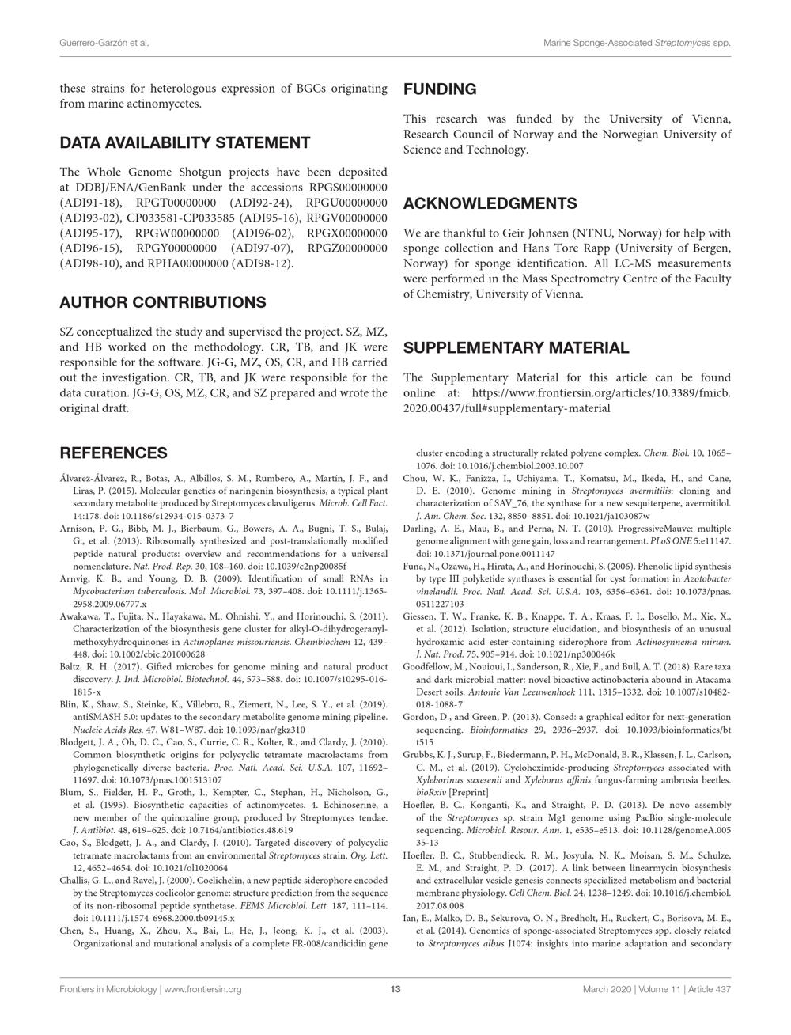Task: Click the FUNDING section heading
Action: pos(440,89)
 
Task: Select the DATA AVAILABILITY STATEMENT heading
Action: pos(185,143)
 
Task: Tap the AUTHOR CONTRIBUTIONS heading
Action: pos(163,302)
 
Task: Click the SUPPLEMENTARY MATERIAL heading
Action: pos(517,348)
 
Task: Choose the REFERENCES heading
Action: pos(114,453)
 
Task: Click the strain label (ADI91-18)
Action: pos(89,203)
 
